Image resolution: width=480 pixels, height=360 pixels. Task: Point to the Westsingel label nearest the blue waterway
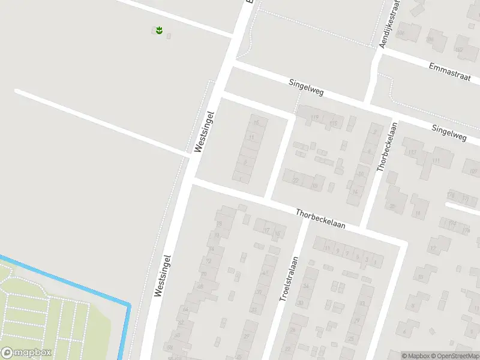click(x=163, y=275)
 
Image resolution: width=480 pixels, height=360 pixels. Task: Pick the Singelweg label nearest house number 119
click(x=306, y=88)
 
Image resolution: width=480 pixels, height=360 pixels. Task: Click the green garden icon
click(x=159, y=30)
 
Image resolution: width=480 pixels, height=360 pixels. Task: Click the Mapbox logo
click(x=25, y=353)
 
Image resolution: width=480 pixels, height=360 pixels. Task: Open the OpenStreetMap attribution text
click(x=455, y=356)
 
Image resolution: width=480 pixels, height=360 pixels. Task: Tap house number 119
click(x=314, y=117)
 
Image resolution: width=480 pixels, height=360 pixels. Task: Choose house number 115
click(x=334, y=124)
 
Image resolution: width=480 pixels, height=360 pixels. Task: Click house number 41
click(x=265, y=274)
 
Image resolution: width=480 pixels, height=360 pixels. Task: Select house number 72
click(x=209, y=261)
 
